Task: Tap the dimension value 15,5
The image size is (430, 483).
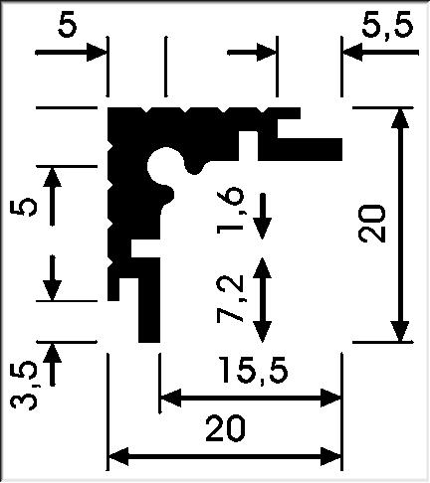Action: tap(254, 370)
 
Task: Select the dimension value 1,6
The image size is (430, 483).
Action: tap(229, 210)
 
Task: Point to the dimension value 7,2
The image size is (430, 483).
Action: tap(229, 298)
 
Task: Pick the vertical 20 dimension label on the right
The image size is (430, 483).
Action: tap(372, 224)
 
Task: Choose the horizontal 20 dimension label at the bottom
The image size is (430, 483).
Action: tap(225, 429)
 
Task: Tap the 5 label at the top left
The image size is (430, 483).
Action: tap(67, 26)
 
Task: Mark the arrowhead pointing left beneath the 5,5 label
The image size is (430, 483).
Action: tap(353, 53)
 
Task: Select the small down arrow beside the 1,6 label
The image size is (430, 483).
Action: tap(262, 216)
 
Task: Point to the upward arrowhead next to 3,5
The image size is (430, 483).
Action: tap(52, 354)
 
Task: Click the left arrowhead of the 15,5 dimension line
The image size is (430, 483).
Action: tap(170, 398)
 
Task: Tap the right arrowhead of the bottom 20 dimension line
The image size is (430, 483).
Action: tap(331, 457)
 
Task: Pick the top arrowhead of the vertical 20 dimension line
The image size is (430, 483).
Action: tap(400, 118)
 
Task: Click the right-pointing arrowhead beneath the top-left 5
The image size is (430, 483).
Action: tap(97, 53)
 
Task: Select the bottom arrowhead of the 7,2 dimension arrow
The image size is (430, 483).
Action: tap(262, 332)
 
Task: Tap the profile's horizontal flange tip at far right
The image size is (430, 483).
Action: tap(341, 149)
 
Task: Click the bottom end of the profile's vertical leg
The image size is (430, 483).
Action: tap(149, 341)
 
